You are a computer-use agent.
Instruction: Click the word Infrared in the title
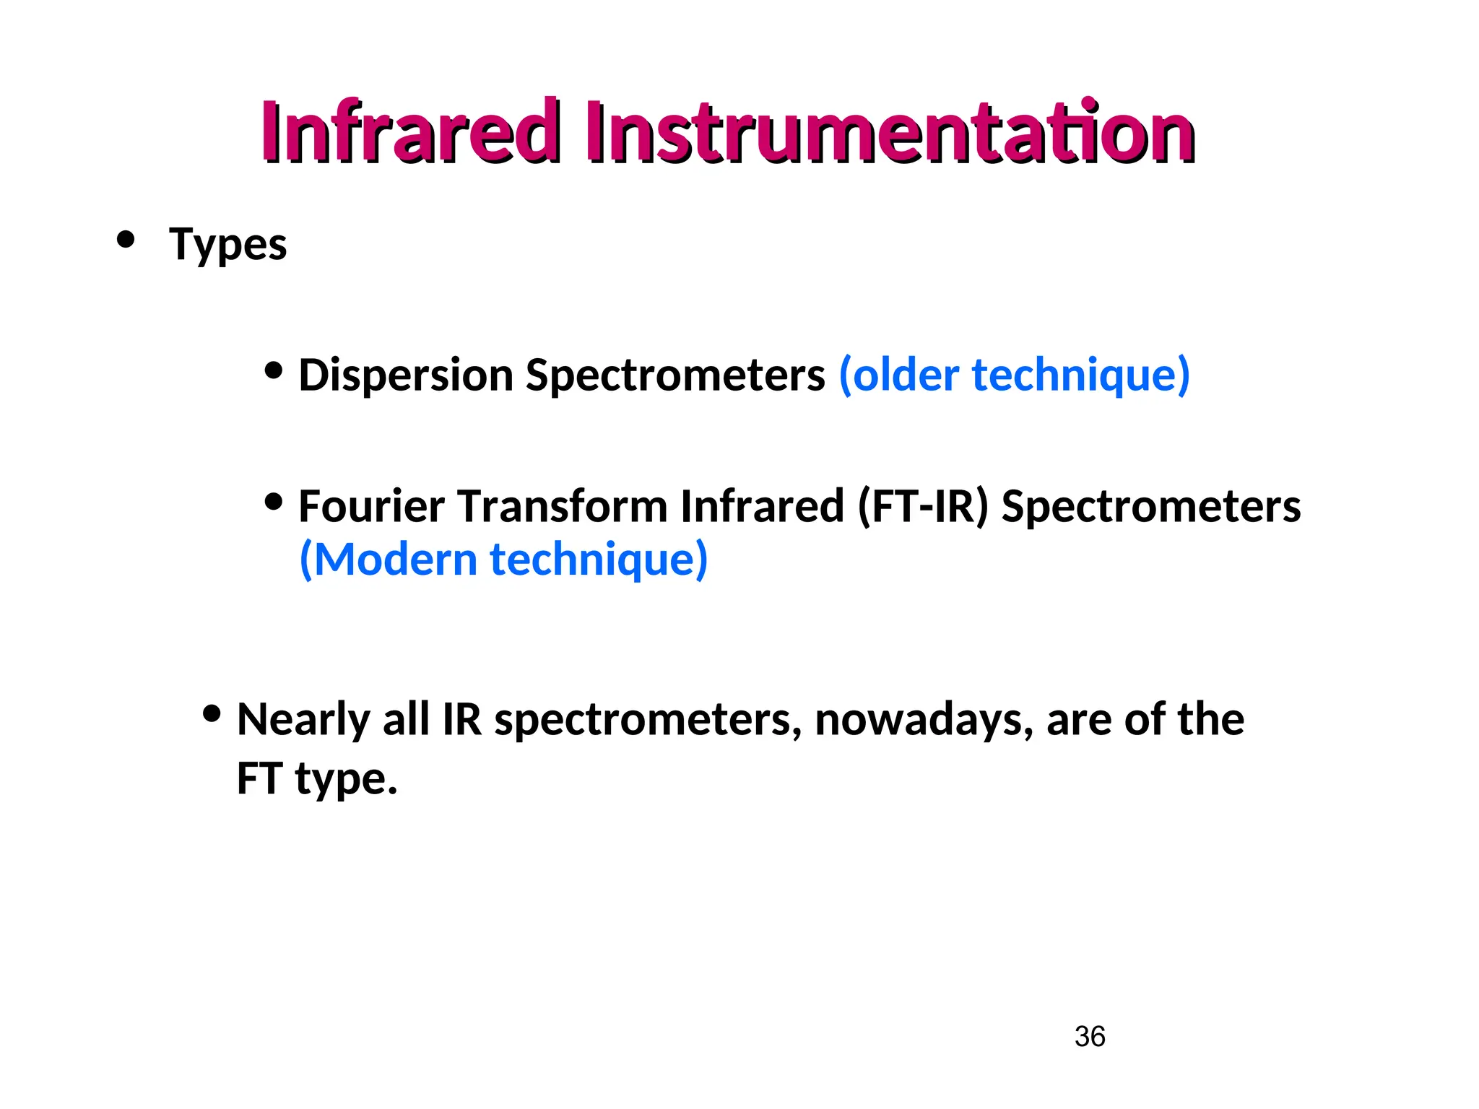click(x=409, y=132)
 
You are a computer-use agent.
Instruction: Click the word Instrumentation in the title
click(x=889, y=132)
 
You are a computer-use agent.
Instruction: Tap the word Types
click(x=227, y=244)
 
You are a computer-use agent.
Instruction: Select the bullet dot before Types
click(x=126, y=239)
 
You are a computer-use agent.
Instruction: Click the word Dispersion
click(x=405, y=375)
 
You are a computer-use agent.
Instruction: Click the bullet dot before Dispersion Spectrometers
click(x=274, y=370)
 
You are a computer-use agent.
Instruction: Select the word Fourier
click(x=371, y=506)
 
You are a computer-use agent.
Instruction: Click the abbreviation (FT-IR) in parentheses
click(x=922, y=506)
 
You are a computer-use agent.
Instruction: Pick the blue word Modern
click(x=395, y=560)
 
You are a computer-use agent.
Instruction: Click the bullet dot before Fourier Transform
click(x=274, y=501)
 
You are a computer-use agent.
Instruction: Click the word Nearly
click(x=303, y=720)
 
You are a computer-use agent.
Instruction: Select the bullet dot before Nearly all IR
click(x=212, y=714)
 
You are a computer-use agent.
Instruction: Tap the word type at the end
click(x=345, y=780)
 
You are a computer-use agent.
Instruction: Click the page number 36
click(x=1090, y=1037)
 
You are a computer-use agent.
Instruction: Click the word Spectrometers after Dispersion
click(x=675, y=375)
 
